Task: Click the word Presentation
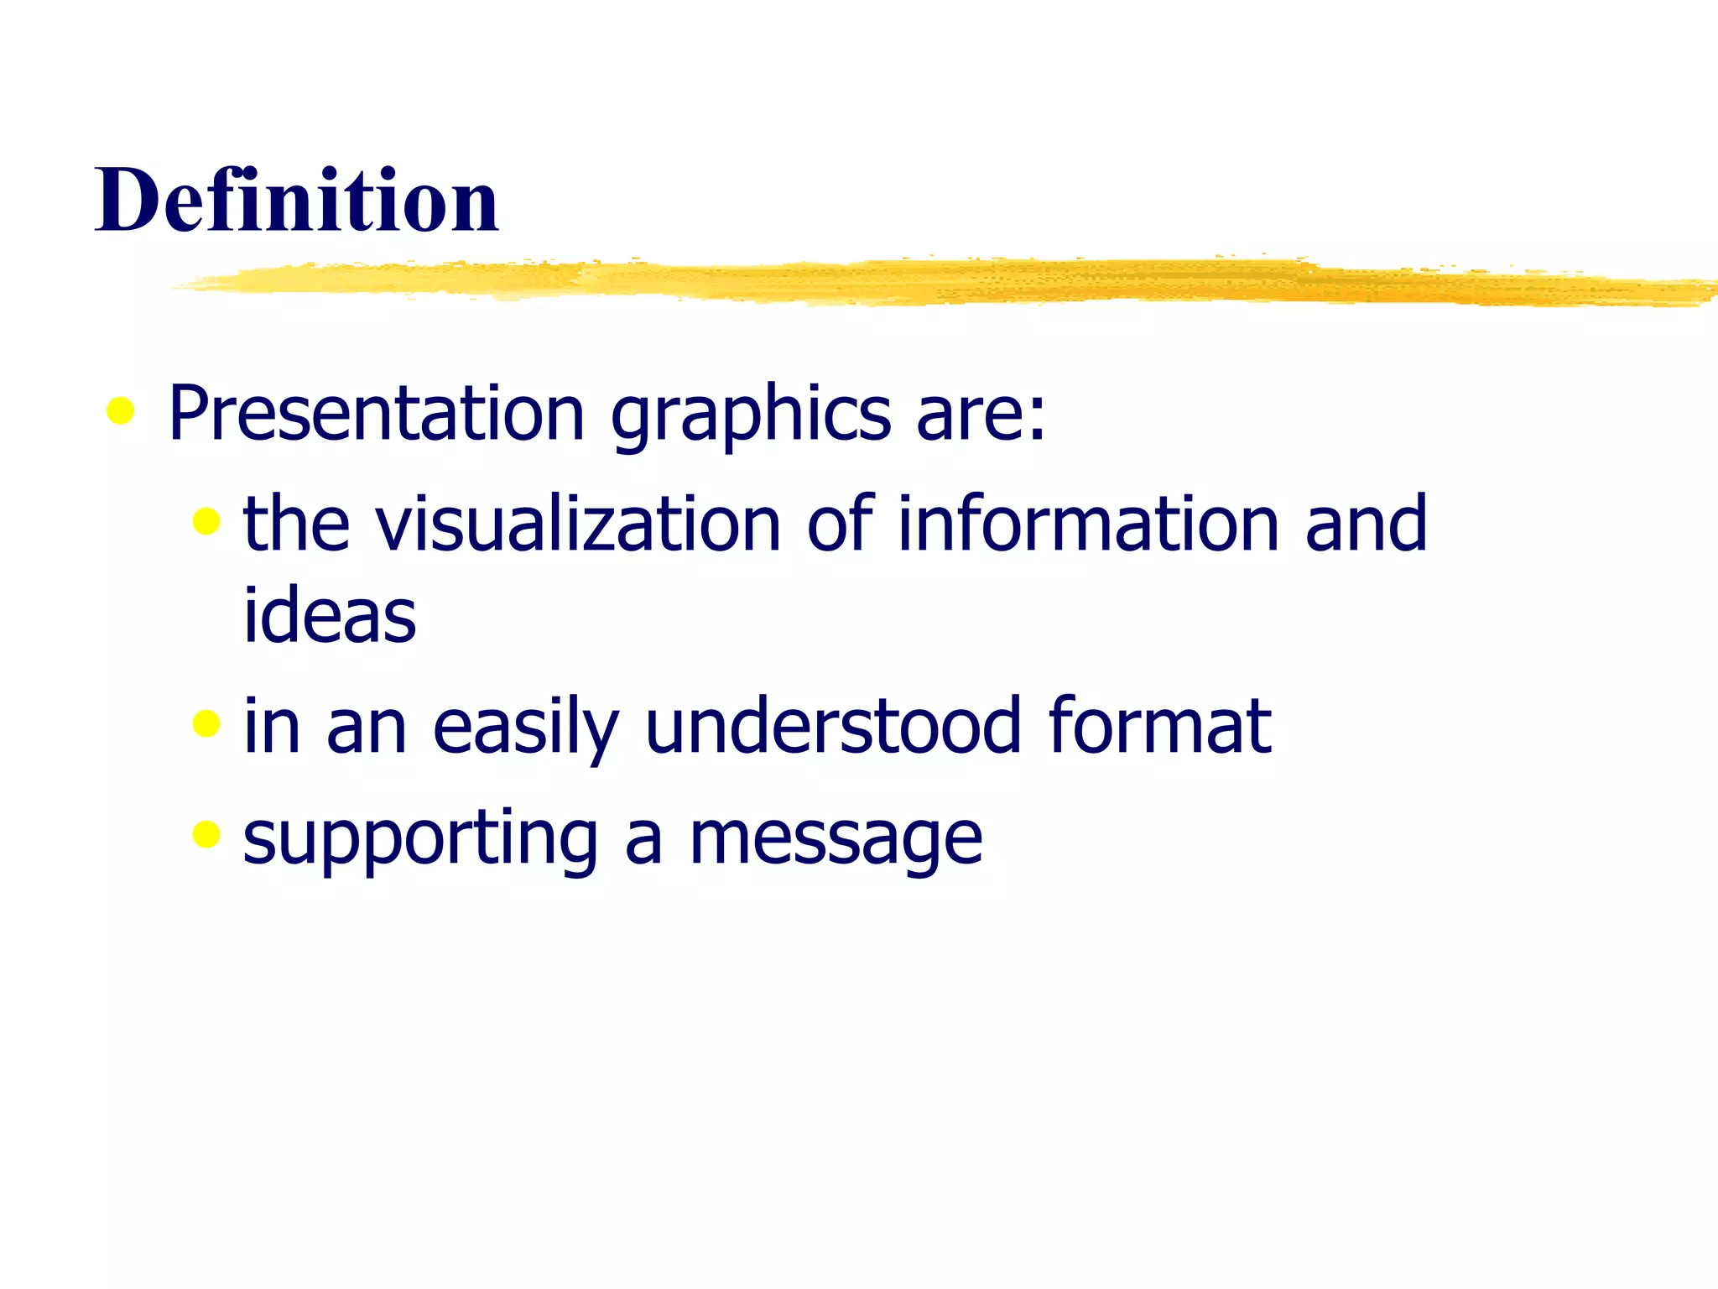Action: (x=376, y=413)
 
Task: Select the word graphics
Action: (x=751, y=416)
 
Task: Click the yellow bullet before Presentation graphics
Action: (x=121, y=411)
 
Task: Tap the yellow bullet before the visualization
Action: (x=206, y=521)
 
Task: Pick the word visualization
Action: (x=579, y=524)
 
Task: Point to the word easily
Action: (x=525, y=727)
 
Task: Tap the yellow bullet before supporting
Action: (x=206, y=834)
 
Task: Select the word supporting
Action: (x=420, y=839)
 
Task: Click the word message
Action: (x=836, y=839)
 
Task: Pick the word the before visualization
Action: (x=296, y=524)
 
